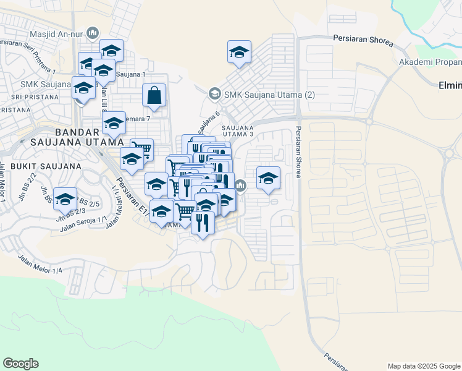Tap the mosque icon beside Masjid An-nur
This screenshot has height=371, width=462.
[x=94, y=32]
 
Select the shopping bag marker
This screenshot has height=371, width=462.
[x=154, y=96]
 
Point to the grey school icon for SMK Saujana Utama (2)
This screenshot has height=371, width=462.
[x=214, y=94]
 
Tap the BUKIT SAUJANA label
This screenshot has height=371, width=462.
[x=46, y=166]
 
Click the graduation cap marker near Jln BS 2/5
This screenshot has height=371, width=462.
[x=65, y=199]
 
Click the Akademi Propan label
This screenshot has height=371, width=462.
[x=430, y=62]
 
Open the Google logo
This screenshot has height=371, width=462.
[x=20, y=364]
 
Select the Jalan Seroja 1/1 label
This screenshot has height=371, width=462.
[x=84, y=224]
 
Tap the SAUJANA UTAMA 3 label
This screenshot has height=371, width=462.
[x=238, y=130]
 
